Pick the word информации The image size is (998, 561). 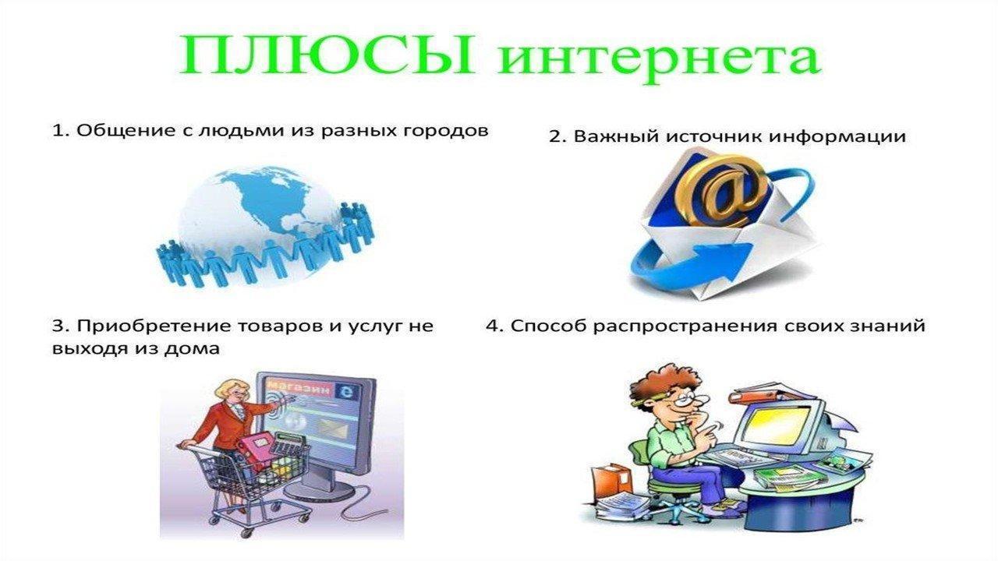coord(837,137)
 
